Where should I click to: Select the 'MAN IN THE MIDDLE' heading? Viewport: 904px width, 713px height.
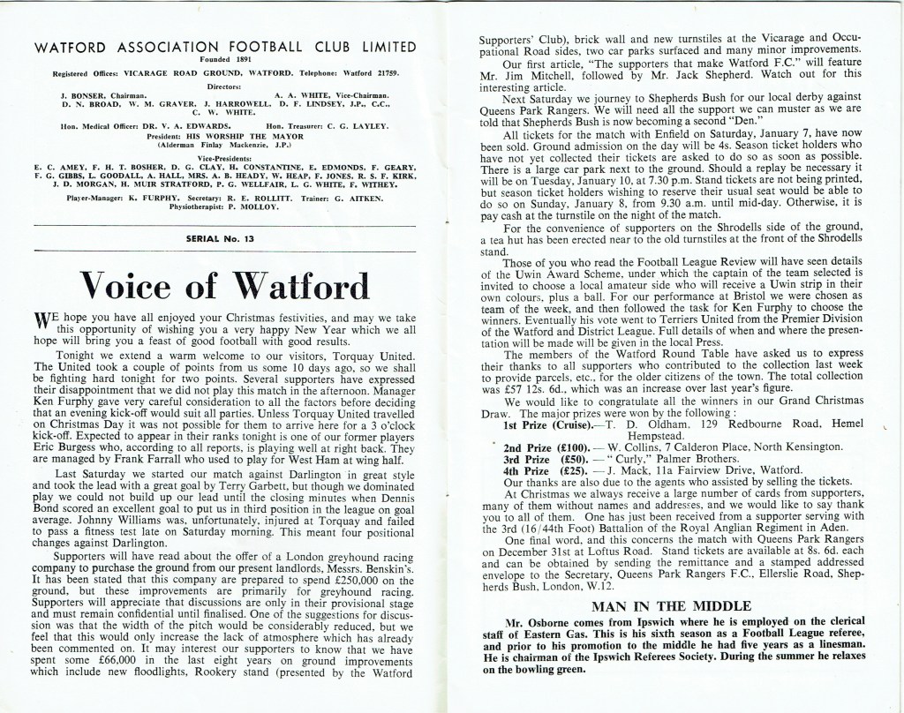coord(670,606)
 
